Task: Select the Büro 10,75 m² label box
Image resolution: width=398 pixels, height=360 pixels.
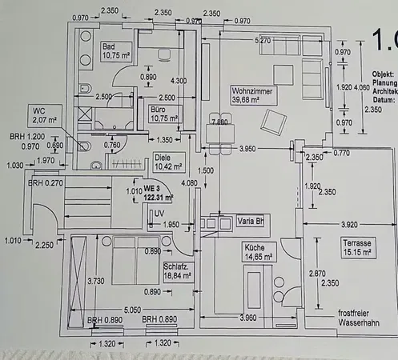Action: [x=163, y=113]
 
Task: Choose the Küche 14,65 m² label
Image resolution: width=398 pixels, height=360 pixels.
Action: [x=259, y=252]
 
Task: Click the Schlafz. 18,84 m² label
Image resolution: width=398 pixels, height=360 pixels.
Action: [x=177, y=271]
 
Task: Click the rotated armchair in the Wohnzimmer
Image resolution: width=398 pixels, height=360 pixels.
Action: [x=275, y=122]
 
